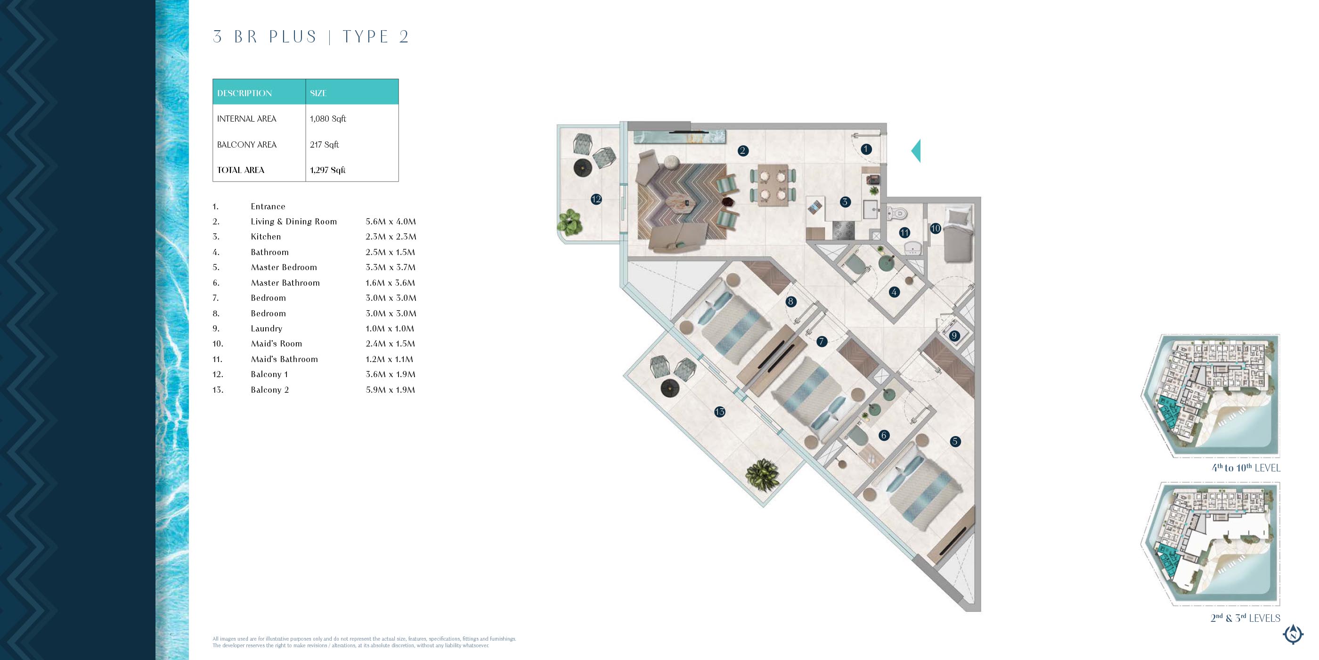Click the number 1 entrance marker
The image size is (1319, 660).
pos(866,149)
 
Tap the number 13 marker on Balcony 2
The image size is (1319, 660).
pos(720,412)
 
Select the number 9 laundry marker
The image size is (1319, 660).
pos(954,336)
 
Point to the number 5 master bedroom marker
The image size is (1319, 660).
pos(955,441)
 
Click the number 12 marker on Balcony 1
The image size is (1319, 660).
pos(596,199)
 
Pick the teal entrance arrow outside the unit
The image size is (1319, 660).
pos(916,151)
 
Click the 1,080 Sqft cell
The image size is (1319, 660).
pos(328,118)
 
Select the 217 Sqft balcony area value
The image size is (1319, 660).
pos(324,145)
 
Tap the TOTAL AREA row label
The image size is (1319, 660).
pos(241,170)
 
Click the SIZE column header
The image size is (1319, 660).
pos(318,93)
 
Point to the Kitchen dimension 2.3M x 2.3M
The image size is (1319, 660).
pos(391,237)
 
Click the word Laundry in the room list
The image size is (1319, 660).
pos(266,329)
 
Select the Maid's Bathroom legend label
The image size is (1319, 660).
pos(284,359)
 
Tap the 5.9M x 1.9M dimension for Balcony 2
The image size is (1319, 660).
pos(390,390)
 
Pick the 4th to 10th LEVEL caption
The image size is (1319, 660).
pos(1246,467)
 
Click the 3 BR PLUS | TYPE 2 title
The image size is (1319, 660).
pos(311,37)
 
